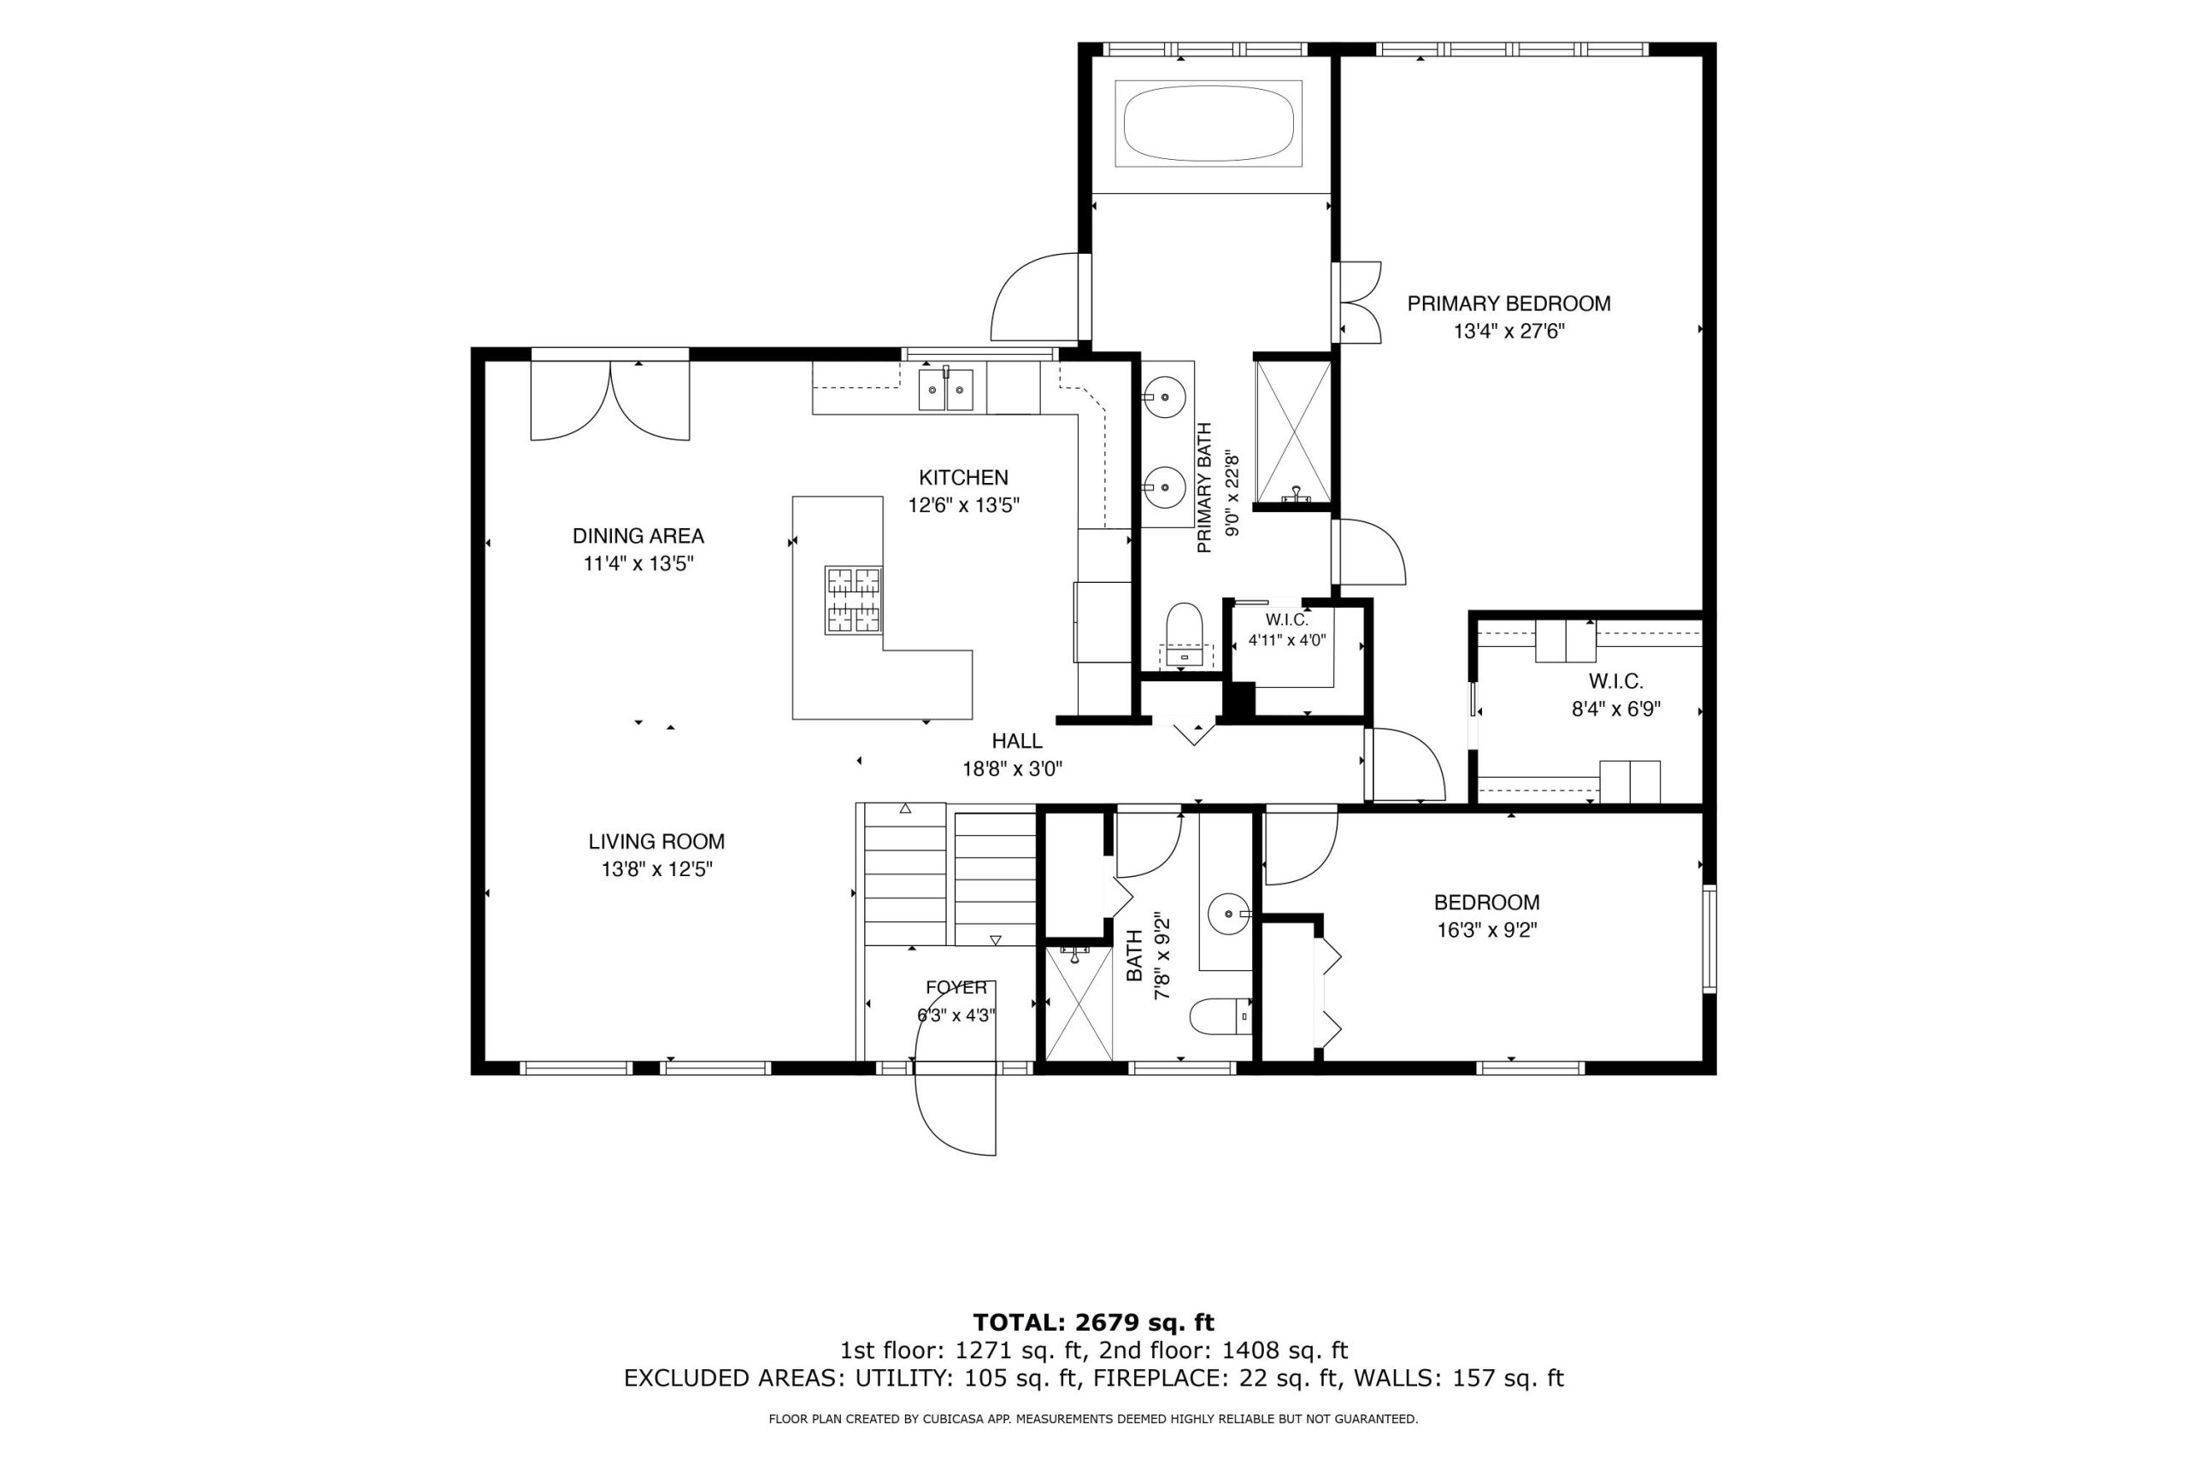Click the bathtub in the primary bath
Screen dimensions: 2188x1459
coord(1209,124)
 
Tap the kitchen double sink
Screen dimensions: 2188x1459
coord(945,389)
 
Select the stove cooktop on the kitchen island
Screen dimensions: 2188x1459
coord(853,600)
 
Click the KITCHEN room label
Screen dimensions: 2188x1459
coord(964,477)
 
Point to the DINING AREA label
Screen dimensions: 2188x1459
coord(638,536)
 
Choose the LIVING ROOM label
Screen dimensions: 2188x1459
coord(656,841)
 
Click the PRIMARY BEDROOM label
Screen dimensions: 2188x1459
coord(1509,303)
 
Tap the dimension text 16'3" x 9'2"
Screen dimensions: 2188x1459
coord(1486,930)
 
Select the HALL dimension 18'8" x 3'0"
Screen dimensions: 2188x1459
coord(1012,768)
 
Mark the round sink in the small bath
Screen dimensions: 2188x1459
coord(1229,914)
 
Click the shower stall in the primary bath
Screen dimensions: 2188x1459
coord(1293,432)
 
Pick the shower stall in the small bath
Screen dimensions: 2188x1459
coord(1079,1003)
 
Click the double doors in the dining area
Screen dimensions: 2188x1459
coord(610,400)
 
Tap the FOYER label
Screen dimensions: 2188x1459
coord(956,987)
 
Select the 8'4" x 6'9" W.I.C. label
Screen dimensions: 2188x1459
coord(1616,695)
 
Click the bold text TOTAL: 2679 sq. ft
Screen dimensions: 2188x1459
coord(1094,1322)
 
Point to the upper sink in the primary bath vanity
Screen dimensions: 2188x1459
coord(1164,398)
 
